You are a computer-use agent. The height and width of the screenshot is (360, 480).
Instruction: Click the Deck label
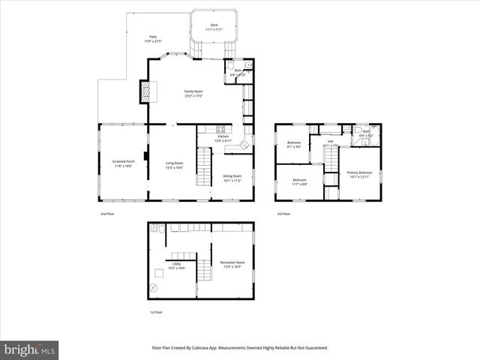(214, 25)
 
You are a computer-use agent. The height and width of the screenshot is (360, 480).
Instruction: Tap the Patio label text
(153, 37)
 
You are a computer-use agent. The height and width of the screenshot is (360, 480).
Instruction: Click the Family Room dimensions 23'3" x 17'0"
(194, 96)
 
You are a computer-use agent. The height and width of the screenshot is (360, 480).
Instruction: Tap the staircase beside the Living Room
(205, 166)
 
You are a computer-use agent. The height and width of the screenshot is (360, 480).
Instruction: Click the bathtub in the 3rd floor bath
(375, 136)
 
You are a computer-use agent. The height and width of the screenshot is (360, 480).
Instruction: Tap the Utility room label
(177, 264)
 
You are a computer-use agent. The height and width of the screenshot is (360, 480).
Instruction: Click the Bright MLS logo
(30, 349)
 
